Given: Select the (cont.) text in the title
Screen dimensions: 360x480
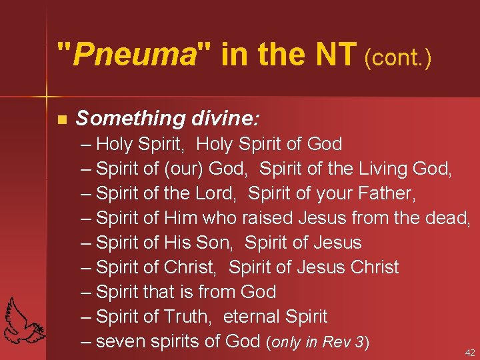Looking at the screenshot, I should point(398,58).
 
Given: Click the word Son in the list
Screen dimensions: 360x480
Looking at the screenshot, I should point(215,243).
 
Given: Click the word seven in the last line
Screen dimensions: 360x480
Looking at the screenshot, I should point(121,341).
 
